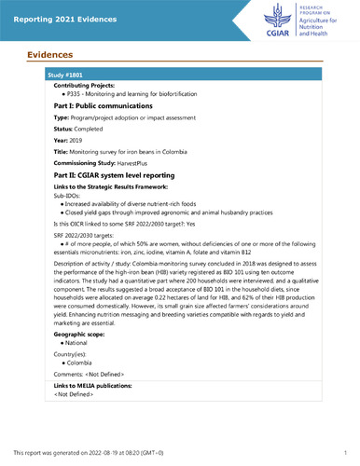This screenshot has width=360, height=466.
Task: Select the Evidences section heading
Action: click(x=48, y=55)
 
